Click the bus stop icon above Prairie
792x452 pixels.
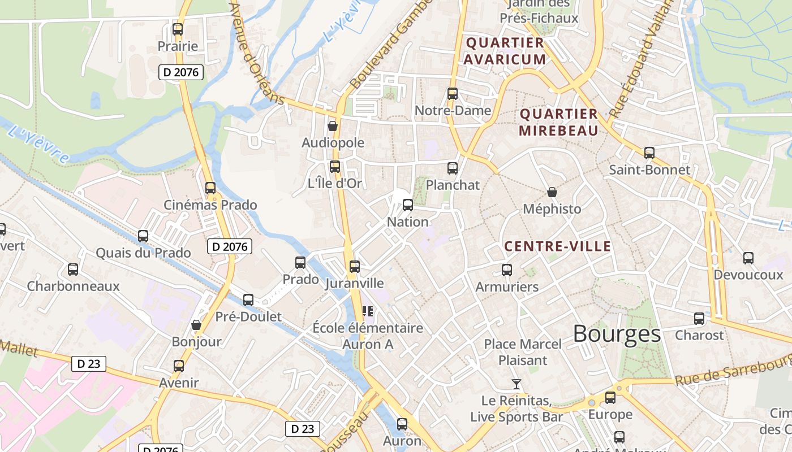[178, 29]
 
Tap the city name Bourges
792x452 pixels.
[617, 334]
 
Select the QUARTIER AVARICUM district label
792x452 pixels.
[505, 51]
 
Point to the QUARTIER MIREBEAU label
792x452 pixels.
[558, 123]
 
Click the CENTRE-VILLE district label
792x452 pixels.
[557, 246]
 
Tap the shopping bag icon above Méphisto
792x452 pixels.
[552, 192]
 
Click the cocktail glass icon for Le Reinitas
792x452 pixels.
[516, 384]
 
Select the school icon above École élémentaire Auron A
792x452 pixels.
[368, 311]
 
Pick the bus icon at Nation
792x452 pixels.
[407, 205]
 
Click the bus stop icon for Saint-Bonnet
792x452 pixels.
[649, 153]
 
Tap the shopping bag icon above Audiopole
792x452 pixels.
[333, 126]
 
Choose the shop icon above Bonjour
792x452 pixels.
[196, 325]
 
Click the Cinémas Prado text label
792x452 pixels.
[210, 205]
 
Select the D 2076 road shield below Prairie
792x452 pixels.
[180, 72]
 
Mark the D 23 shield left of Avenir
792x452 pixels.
[89, 364]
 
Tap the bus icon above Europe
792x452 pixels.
[610, 398]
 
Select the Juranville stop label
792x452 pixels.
[354, 284]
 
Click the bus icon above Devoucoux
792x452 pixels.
[748, 258]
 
